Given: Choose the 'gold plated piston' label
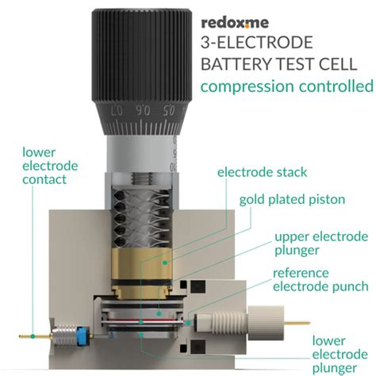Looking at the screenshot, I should click(293, 198).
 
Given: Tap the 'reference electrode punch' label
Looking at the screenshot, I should click(320, 279).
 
